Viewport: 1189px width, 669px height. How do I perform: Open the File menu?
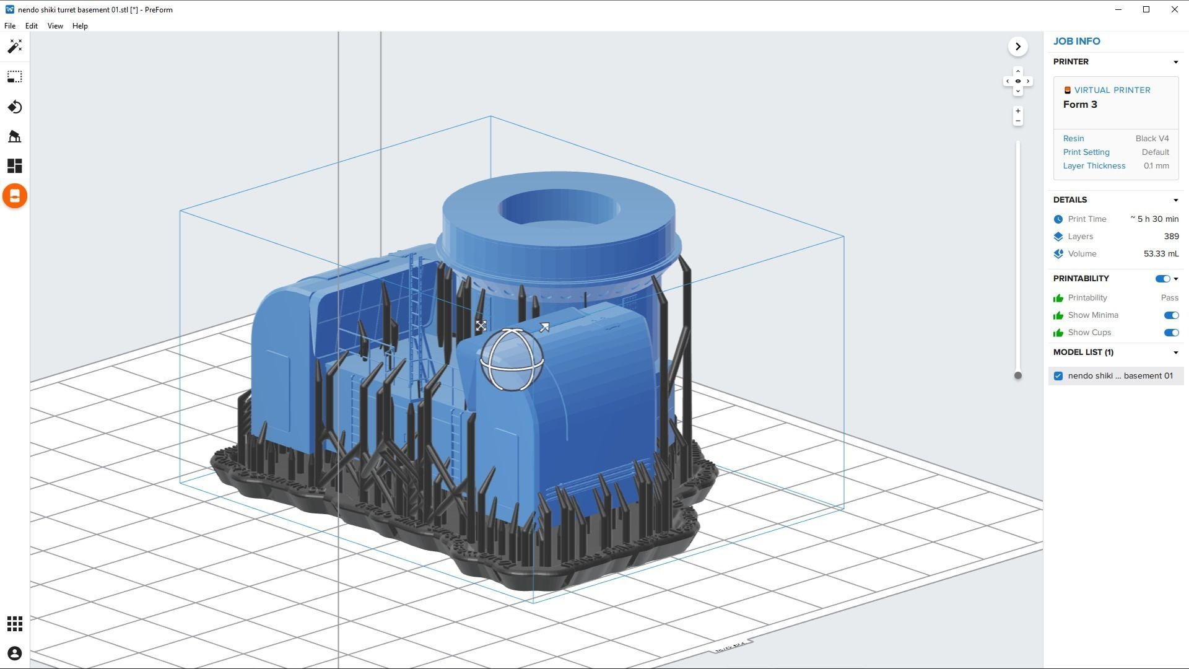pos(10,26)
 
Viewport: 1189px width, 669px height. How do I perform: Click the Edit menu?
pos(31,26)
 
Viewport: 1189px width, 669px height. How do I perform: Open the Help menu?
pos(80,26)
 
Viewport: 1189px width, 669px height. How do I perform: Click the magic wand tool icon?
pos(15,46)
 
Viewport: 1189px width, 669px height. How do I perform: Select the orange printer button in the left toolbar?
pos(15,196)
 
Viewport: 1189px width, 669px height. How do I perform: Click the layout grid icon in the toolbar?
pos(15,166)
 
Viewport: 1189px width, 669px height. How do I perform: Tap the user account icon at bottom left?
pos(15,654)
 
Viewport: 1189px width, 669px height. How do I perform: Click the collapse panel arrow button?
pos(1017,46)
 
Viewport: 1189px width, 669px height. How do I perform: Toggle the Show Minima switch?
pos(1170,315)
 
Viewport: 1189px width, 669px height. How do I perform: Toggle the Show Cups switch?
pos(1170,333)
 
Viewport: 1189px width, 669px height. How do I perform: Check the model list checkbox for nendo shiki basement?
pos(1058,376)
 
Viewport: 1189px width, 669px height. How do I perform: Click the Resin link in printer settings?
pos(1073,139)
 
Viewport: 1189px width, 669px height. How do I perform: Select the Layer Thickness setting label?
pos(1094,166)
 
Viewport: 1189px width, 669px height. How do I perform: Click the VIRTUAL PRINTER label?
pos(1112,90)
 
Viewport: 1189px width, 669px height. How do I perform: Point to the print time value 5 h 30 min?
pos(1155,219)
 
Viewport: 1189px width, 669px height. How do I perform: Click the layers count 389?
pos(1170,237)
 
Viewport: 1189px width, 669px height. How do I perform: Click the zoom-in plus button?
pos(1017,111)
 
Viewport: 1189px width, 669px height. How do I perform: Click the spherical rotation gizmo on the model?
pos(512,360)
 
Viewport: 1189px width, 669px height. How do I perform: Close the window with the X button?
pos(1174,9)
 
